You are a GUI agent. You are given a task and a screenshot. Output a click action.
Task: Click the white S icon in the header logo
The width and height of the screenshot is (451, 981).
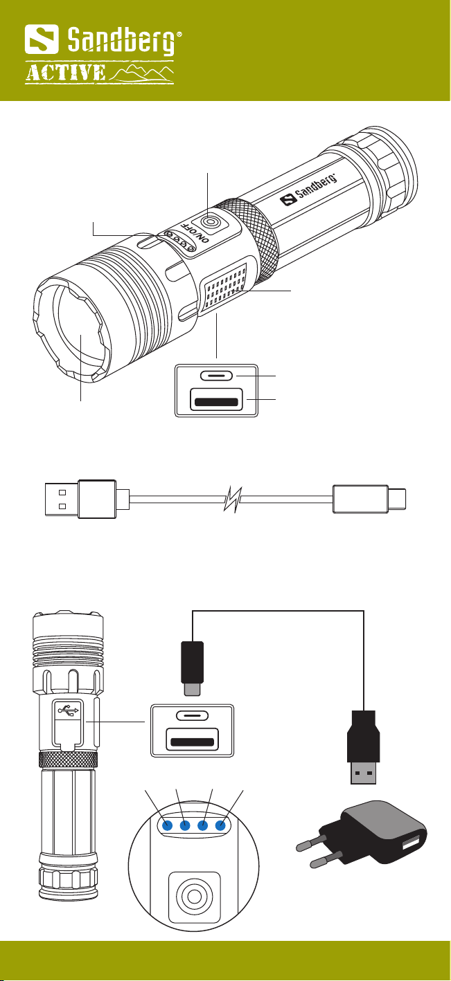click(42, 39)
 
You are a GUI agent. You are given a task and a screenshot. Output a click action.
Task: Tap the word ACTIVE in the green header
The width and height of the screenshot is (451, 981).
click(65, 73)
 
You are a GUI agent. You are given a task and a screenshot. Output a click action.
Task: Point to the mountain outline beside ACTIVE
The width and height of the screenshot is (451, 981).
click(141, 73)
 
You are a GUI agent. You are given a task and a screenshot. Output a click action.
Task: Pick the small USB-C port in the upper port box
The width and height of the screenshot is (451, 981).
click(216, 376)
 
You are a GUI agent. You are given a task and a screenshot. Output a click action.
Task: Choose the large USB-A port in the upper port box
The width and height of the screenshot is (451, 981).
click(216, 399)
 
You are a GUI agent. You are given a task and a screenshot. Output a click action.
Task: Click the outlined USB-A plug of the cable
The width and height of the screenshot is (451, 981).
click(81, 499)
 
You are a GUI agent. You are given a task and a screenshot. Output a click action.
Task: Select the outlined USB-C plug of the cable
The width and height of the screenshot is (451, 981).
click(369, 499)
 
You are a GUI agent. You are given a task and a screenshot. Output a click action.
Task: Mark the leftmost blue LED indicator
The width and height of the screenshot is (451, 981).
click(167, 826)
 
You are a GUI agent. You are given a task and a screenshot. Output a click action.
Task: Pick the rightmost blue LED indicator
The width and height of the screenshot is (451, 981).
click(220, 826)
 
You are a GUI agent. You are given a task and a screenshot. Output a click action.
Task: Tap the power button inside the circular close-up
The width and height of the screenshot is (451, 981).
click(194, 897)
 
